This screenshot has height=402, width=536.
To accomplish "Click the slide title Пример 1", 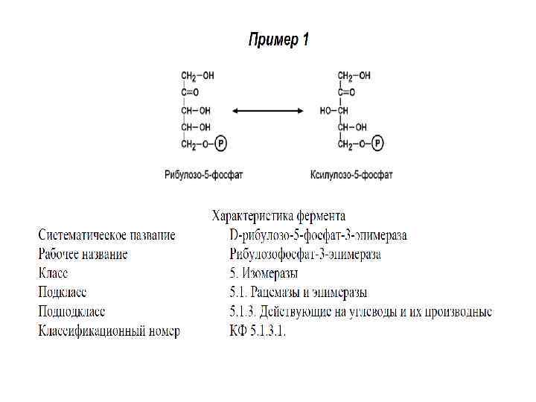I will point(278,39).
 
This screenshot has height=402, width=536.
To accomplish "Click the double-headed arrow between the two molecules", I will point(267,111).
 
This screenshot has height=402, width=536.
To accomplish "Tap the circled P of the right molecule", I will point(378,144).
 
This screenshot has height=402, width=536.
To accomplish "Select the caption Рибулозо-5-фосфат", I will point(204,175).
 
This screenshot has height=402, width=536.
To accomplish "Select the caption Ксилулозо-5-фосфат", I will point(351,175).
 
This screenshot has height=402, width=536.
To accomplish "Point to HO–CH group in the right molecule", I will point(334,110).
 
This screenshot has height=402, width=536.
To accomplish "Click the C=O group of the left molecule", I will point(191,93).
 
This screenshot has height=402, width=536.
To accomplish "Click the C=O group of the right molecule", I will point(347,93).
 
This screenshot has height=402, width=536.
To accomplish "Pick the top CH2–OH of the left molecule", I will point(197,76).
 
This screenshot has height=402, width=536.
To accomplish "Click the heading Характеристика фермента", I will point(278,217).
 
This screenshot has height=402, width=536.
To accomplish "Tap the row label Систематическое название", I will point(107,235).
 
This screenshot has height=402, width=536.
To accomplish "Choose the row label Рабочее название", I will point(83,255).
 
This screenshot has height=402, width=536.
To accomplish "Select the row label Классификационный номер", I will point(109,331).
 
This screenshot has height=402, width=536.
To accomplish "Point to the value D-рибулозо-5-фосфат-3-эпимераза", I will point(319,235).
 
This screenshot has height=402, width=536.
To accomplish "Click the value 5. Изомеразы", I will point(264,273).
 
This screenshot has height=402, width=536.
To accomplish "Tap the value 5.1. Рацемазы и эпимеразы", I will point(299,293).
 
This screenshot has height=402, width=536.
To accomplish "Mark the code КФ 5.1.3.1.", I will point(258,331).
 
